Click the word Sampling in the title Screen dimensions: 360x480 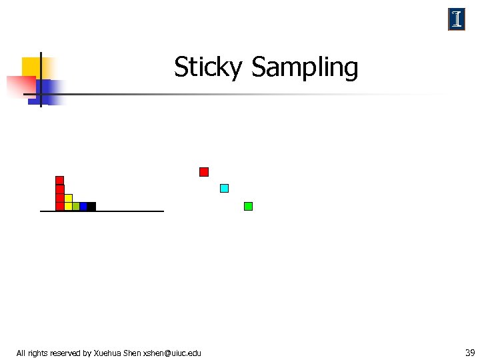coord(305,67)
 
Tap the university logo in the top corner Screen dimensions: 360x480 coord(457,20)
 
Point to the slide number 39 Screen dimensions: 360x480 coord(470,352)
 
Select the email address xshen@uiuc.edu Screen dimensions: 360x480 coord(172,353)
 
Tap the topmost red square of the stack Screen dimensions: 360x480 coord(59,180)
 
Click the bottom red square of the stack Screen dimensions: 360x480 coord(59,206)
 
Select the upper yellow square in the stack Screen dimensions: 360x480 coord(68,198)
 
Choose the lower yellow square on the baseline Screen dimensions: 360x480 coord(68,206)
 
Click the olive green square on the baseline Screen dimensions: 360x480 coord(76,206)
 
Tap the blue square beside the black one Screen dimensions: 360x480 coord(83,206)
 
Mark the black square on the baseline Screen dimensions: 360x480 coord(91,206)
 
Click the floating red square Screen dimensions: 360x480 coord(204,172)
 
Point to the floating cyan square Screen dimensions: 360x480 coord(225,188)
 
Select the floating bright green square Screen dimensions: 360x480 coord(248,206)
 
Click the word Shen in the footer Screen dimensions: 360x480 coord(132,353)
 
